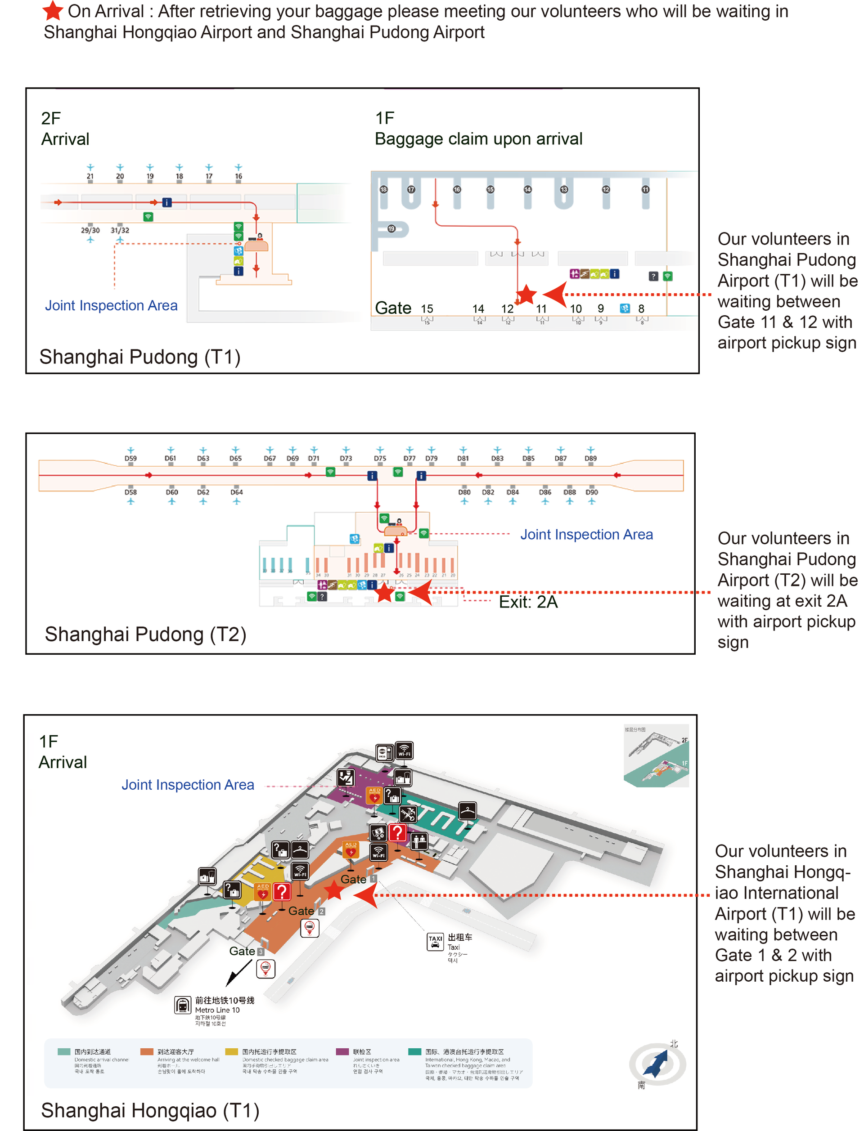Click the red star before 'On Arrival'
point(53,10)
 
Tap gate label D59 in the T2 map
point(130,458)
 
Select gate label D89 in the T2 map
point(590,458)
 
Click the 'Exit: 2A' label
point(528,602)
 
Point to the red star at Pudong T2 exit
point(384,592)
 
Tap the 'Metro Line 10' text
point(217,1010)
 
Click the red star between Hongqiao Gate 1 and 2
point(334,890)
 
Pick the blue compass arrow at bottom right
point(656,1063)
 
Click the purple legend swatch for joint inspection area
point(342,1051)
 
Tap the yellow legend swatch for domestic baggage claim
point(231,1051)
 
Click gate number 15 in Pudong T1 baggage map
point(427,309)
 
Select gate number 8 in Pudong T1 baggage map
point(641,309)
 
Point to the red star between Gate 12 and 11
point(526,295)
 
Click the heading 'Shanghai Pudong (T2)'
point(145,634)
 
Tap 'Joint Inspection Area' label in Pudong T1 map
point(111,305)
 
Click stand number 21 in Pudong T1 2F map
point(90,176)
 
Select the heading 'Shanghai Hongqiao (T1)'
point(150,1110)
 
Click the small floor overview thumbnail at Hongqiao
point(656,755)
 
